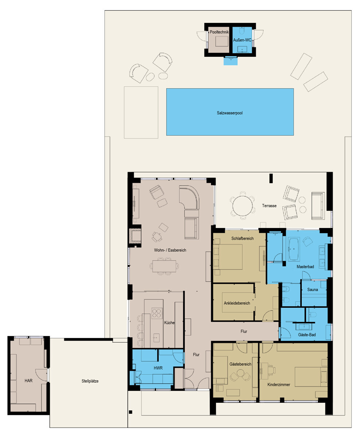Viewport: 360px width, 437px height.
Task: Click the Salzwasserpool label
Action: point(230,113)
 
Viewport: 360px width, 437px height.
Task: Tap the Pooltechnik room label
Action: point(219,32)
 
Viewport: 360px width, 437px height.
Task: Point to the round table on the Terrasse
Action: point(242,206)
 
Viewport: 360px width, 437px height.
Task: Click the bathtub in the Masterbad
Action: point(294,249)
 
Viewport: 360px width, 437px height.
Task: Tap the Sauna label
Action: point(313,290)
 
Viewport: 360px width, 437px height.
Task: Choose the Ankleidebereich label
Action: point(237,303)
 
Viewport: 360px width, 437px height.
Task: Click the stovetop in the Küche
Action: point(157,314)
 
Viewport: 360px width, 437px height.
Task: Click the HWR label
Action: point(158,368)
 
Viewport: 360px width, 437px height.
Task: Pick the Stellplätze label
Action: point(90,381)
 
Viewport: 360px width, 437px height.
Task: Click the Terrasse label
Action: point(269,206)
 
